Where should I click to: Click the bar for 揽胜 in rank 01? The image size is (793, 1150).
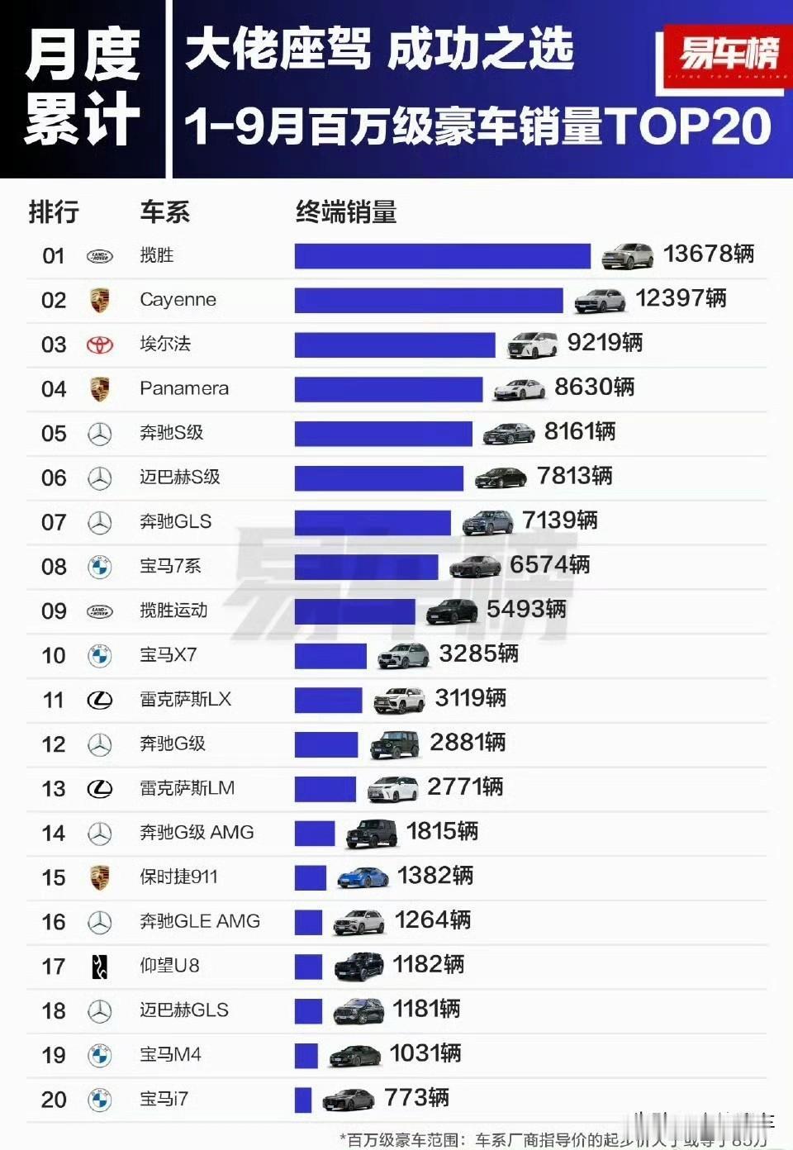click(x=442, y=256)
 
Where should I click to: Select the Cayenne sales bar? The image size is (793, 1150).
click(x=428, y=300)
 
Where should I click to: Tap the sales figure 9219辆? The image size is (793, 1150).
click(x=605, y=343)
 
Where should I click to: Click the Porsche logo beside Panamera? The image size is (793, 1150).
click(x=100, y=389)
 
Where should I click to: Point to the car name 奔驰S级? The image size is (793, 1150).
click(x=171, y=433)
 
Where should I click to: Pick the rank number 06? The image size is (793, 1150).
click(x=54, y=478)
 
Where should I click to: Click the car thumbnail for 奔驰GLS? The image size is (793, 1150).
click(x=487, y=522)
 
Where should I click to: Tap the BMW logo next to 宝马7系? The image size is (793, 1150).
click(x=100, y=567)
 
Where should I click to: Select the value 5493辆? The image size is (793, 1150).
click(x=526, y=610)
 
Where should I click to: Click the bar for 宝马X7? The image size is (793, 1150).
click(x=330, y=656)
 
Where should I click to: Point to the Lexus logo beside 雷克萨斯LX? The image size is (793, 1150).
click(x=100, y=701)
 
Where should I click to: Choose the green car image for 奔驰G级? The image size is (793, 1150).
click(x=395, y=744)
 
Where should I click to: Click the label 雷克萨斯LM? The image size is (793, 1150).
click(x=187, y=788)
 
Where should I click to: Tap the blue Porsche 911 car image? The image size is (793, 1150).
click(x=363, y=877)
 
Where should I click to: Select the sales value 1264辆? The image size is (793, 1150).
click(x=433, y=920)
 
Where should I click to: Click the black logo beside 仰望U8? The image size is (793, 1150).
click(x=100, y=966)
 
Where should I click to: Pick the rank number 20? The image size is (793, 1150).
click(x=54, y=1100)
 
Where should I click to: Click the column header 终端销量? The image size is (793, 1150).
click(x=346, y=212)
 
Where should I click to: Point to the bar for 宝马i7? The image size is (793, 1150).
click(x=303, y=1100)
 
